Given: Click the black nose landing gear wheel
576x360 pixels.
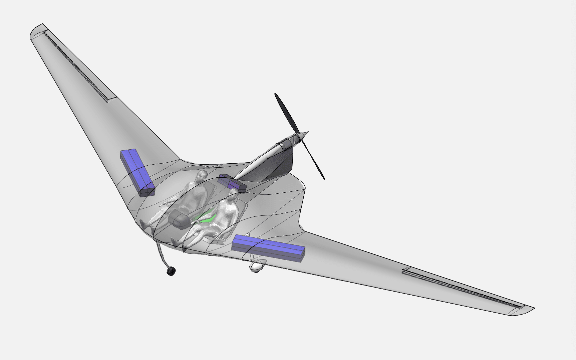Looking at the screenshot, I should (x=171, y=271).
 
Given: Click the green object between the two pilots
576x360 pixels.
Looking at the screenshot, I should (x=207, y=218).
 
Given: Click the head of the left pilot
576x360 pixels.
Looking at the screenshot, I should (x=202, y=176).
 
